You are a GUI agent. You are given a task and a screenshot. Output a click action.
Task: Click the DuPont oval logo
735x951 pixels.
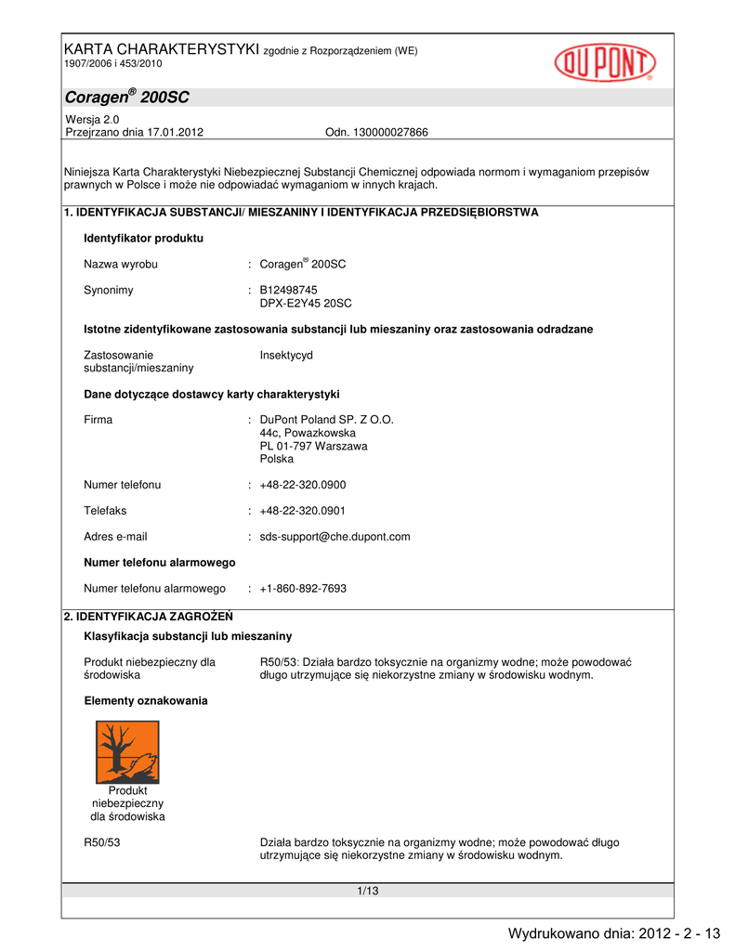605,64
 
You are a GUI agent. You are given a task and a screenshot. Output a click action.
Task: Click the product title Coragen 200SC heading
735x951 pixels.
126,98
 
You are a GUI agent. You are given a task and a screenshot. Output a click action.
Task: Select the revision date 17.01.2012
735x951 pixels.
174,133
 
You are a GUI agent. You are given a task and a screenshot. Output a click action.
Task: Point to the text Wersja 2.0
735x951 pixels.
92,120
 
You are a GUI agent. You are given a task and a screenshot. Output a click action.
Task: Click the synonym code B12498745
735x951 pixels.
289,290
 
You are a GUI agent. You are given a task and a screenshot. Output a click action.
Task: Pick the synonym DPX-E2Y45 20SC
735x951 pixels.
306,304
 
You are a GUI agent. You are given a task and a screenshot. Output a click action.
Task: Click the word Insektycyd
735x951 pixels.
286,355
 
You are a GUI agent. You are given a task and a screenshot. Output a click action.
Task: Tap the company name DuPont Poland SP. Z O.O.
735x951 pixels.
327,420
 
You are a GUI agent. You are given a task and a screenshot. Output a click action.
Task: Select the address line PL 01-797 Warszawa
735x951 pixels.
313,446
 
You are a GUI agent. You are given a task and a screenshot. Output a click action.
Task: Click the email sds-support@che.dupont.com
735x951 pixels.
335,537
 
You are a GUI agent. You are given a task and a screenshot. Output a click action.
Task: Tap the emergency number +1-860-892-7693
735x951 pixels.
303,589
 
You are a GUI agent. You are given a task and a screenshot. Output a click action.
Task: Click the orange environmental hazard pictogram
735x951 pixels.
127,752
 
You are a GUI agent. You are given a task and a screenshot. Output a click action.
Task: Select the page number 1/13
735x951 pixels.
368,892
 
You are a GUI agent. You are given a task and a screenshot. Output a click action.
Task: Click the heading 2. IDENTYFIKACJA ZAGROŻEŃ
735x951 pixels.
148,616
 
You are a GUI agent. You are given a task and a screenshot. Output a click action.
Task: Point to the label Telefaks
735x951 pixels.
105,511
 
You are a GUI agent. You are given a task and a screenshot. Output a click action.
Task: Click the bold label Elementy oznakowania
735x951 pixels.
146,701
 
